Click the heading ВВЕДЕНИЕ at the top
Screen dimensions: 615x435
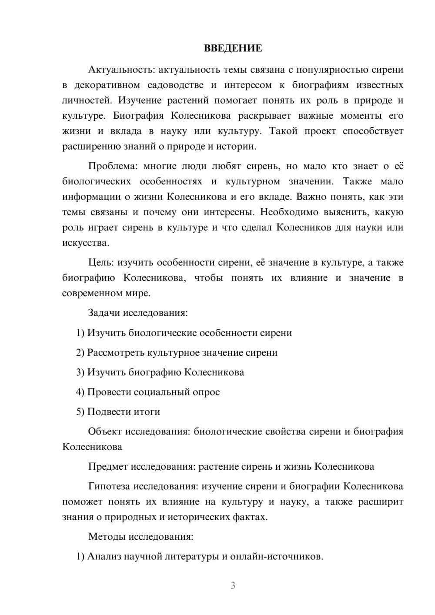pyautogui.click(x=233, y=48)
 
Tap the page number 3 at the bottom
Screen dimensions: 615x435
pyautogui.click(x=233, y=585)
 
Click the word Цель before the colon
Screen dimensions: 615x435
pyautogui.click(x=101, y=262)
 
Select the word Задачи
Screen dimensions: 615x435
pyautogui.click(x=104, y=313)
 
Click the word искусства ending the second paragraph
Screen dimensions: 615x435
pyautogui.click(x=85, y=243)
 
